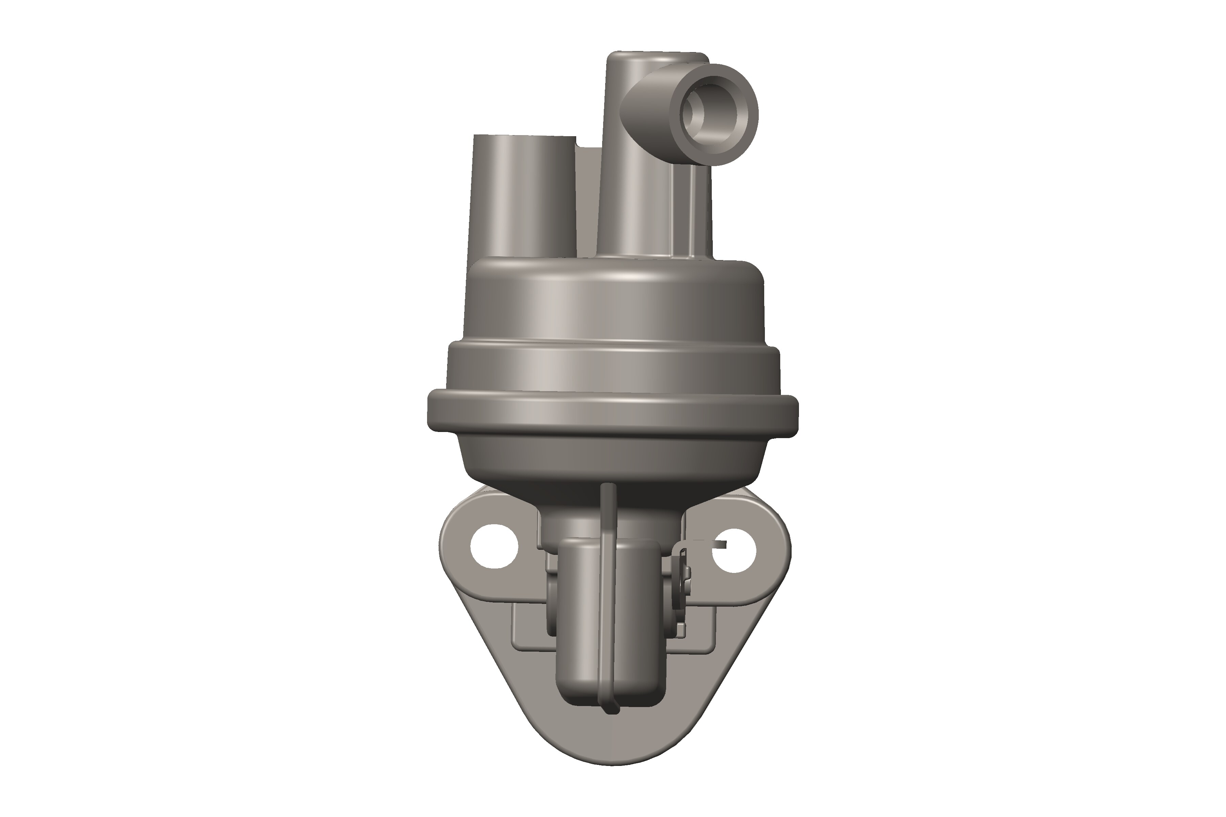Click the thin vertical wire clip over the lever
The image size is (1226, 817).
coord(607,599)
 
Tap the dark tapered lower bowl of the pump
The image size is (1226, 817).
coord(612,464)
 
